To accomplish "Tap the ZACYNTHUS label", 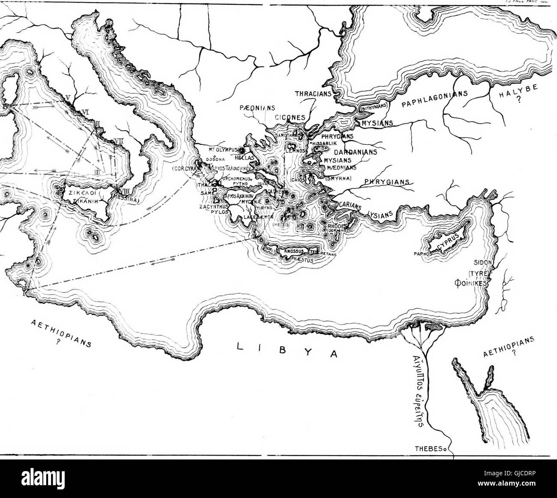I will pyautogui.click(x=213, y=206).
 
